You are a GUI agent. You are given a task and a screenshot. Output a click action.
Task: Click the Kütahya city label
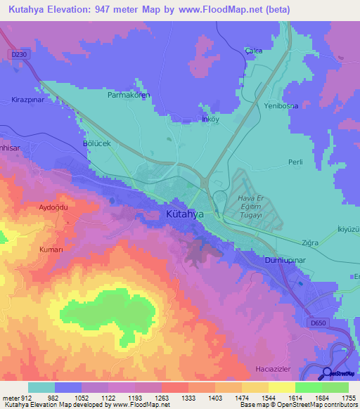click(x=185, y=214)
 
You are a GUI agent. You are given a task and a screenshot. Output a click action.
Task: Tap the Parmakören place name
click(x=129, y=94)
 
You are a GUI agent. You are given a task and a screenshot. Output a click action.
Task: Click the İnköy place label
click(x=211, y=119)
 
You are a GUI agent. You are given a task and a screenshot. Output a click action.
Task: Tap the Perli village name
click(x=295, y=162)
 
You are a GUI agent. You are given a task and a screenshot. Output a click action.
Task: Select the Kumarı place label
click(x=52, y=250)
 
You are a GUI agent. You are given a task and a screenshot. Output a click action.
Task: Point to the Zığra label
click(x=310, y=242)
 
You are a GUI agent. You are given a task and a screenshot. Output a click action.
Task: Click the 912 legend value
click(x=27, y=397)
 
